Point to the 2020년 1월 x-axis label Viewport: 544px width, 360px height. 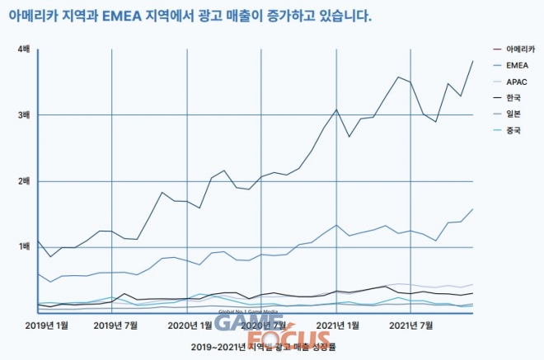[190, 325]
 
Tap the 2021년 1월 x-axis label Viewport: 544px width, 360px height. [338, 325]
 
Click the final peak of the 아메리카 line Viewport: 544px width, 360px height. [473, 61]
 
